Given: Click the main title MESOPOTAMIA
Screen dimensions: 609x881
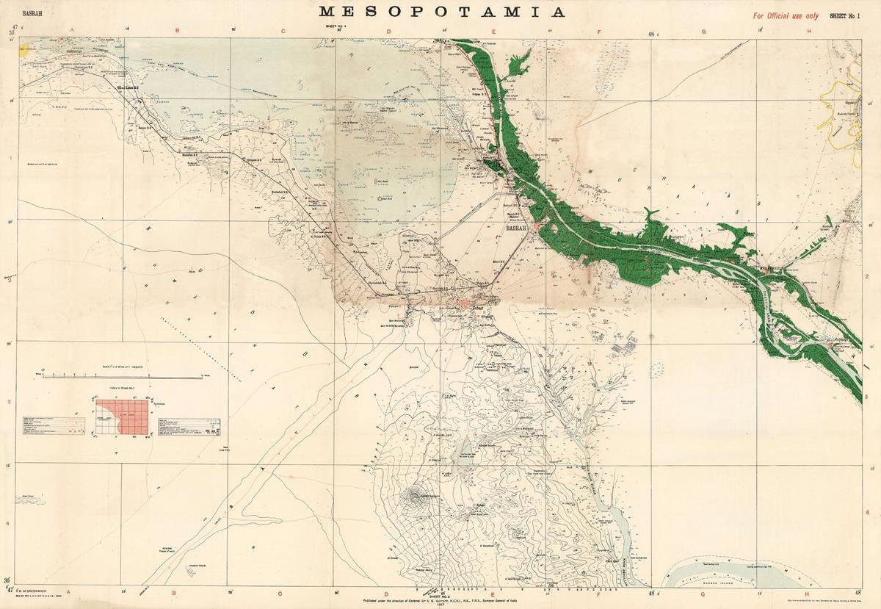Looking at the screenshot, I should coord(442,12).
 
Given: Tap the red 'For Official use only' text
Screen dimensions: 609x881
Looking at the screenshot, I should coord(785,15).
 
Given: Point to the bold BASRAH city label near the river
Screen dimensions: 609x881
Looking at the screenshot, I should coord(516,229).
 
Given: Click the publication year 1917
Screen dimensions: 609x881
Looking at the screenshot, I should coord(441,605).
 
